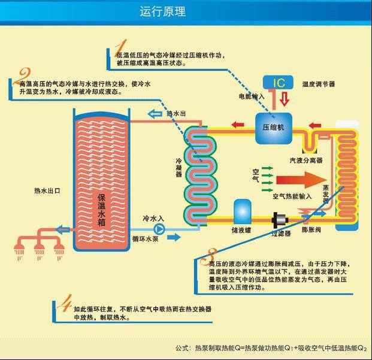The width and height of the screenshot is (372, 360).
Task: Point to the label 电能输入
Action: (x=252, y=96)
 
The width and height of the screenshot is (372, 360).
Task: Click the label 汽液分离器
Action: (x=306, y=161)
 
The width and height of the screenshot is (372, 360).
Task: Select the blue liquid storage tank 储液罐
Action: (x=243, y=211)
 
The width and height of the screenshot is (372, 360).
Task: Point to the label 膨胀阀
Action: (x=312, y=230)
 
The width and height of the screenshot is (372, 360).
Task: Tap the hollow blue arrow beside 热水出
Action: (x=155, y=113)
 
